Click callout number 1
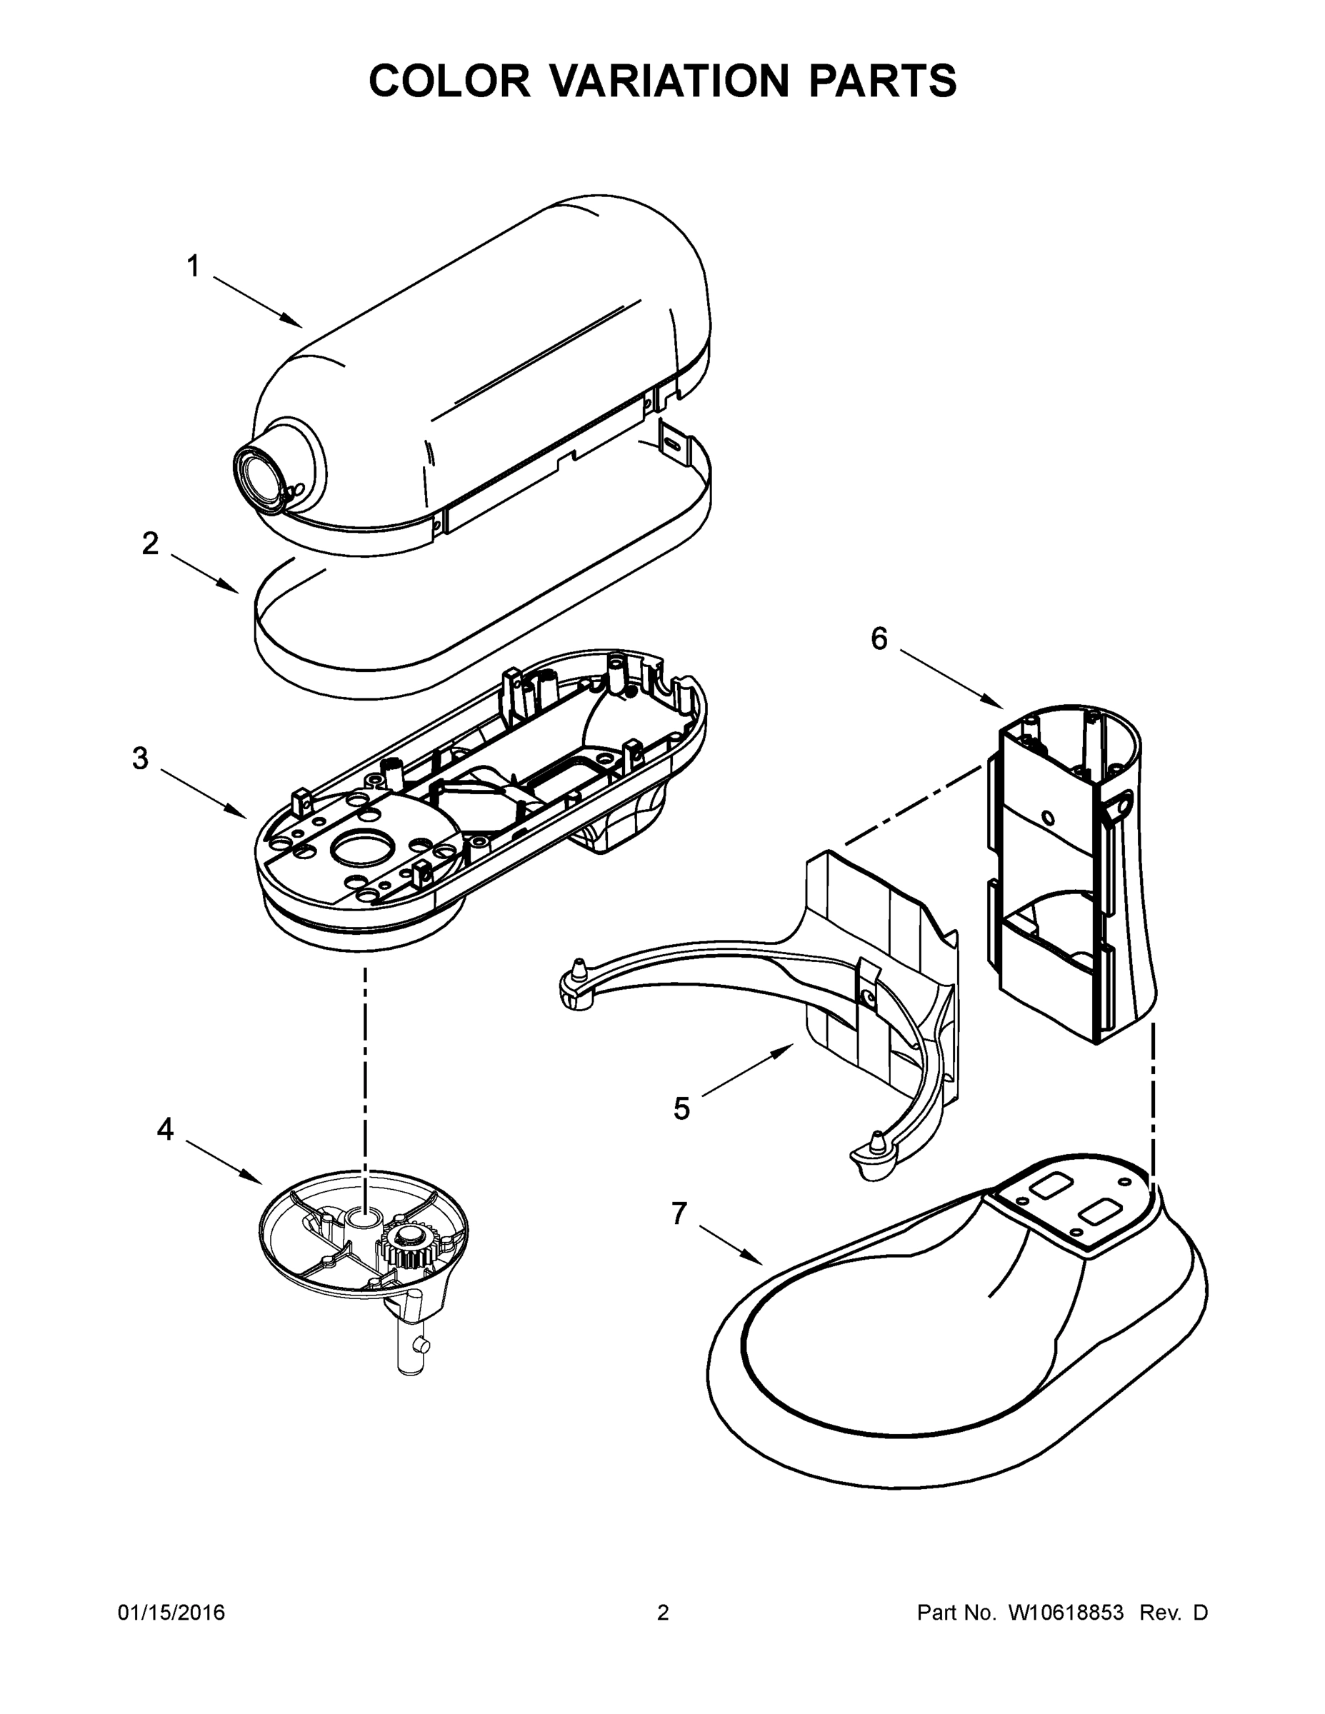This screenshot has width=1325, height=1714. tap(192, 267)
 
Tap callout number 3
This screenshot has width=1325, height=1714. tap(140, 759)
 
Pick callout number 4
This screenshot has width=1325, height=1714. tap(165, 1129)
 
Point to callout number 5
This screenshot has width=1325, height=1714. tap(681, 1109)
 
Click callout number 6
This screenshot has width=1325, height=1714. tap(879, 640)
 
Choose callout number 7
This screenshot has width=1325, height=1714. tap(679, 1213)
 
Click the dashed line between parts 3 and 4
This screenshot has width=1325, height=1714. tap(365, 1060)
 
